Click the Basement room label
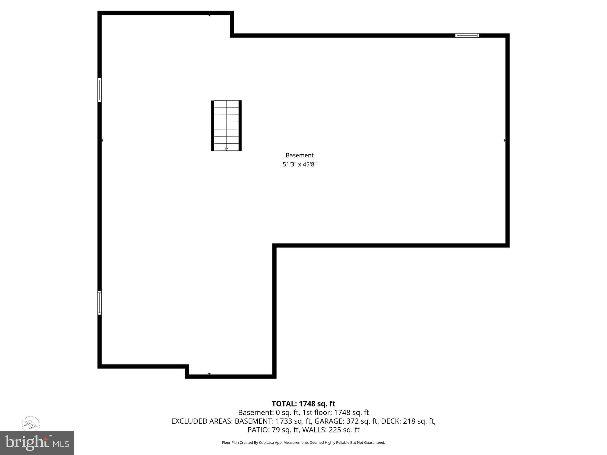tap(299, 155)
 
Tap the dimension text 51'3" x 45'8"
tap(299, 164)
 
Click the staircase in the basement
tap(226, 125)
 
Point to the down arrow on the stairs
tap(226, 149)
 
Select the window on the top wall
tap(467, 36)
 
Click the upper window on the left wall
tap(100, 90)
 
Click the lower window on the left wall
tap(100, 302)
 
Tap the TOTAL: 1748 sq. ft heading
tap(303, 404)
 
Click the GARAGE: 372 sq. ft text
tap(346, 421)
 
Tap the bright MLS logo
tap(37, 443)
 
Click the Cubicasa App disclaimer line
tap(303, 443)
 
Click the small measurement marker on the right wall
tap(505, 140)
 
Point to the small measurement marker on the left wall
tap(102, 140)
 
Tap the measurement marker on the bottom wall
tap(209, 374)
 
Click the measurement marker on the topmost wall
tap(209, 15)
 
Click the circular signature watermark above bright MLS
tap(31, 424)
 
